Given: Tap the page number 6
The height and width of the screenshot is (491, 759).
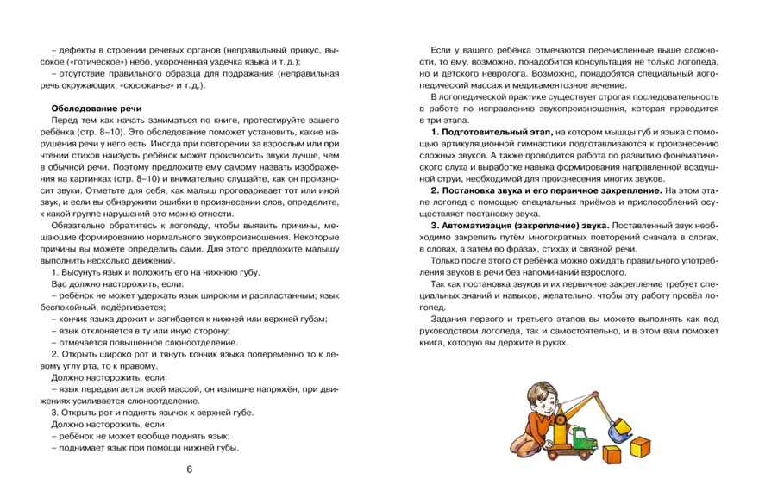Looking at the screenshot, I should click(x=190, y=469).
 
